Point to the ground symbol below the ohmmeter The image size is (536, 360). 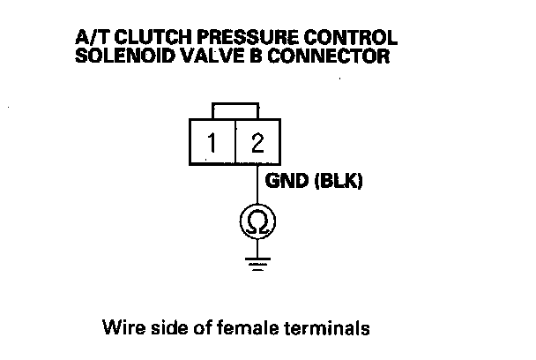(x=256, y=263)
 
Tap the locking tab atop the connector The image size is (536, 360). (x=235, y=110)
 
